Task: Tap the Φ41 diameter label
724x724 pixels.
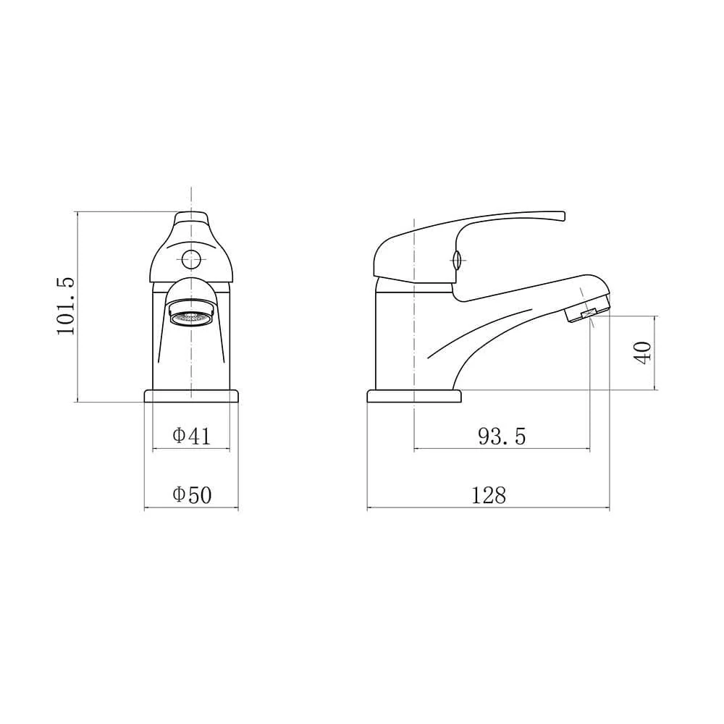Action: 191,436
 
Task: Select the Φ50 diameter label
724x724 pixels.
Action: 191,495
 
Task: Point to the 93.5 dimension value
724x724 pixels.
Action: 502,436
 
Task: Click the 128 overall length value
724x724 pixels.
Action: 489,495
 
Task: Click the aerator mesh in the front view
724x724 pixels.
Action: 191,316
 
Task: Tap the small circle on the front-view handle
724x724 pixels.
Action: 191,257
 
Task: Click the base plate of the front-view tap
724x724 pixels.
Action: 191,396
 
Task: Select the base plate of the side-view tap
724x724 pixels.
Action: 414,396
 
